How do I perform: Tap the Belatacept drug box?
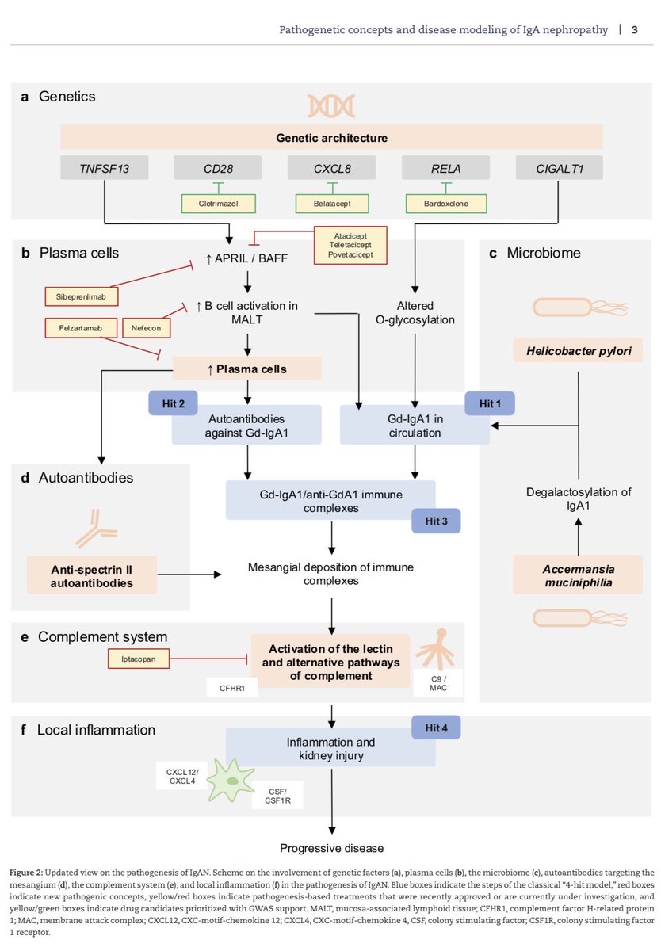tap(332, 203)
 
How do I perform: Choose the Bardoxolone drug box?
tap(446, 203)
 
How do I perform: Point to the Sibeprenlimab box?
tap(78, 296)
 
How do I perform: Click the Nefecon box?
tap(144, 327)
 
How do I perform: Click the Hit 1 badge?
tap(490, 403)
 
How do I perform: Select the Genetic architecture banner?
tap(332, 138)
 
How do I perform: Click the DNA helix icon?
tap(332, 105)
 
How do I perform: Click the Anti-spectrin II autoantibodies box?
tap(92, 575)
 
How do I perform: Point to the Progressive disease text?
tap(332, 847)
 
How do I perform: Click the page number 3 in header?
tap(634, 30)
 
